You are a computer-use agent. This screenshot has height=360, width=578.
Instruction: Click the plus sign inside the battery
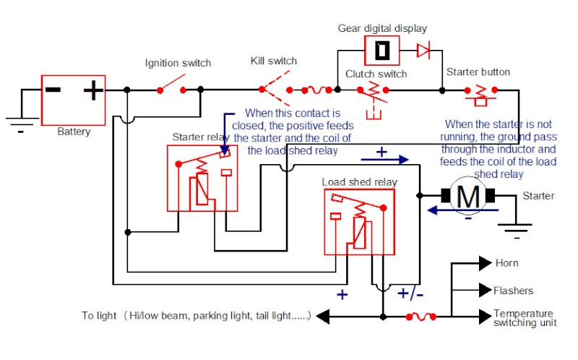(x=93, y=90)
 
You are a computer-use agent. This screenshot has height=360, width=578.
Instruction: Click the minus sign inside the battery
(x=53, y=90)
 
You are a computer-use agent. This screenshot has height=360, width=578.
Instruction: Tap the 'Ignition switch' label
(x=178, y=63)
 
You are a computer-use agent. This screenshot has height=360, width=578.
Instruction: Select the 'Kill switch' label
(x=274, y=61)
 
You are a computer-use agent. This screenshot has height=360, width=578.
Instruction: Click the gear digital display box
(x=382, y=51)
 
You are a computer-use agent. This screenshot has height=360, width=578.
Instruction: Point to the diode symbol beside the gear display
(x=423, y=50)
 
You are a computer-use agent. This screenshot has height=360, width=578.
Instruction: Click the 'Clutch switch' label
(x=376, y=74)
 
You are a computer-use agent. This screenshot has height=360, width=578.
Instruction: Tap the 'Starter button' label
(x=478, y=72)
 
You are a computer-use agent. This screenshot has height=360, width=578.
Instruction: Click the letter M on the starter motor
(x=468, y=197)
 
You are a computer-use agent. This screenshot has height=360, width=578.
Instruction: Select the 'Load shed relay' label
(x=359, y=182)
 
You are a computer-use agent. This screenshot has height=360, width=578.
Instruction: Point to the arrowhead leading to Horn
(x=485, y=263)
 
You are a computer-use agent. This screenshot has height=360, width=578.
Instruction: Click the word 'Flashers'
(x=514, y=291)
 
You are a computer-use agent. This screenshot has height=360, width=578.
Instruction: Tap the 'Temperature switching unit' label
(x=525, y=318)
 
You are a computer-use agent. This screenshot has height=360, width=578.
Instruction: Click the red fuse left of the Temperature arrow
(x=421, y=317)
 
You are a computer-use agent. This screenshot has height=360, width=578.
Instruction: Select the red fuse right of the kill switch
(x=316, y=90)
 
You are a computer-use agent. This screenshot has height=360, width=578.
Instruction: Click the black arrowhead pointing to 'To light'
(x=323, y=317)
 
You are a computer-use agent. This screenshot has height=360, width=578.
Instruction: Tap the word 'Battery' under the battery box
(x=74, y=132)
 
